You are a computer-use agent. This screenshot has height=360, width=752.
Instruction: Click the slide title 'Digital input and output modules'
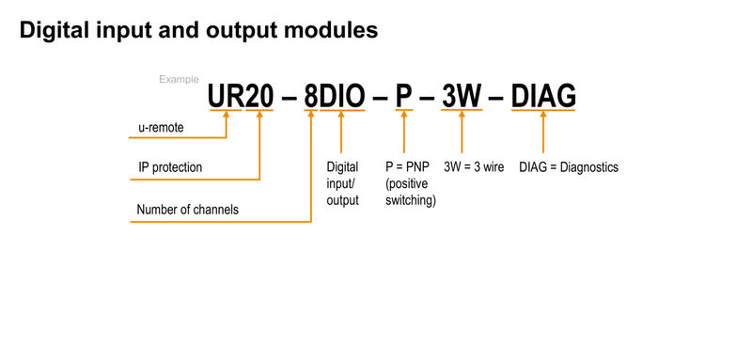tap(198, 30)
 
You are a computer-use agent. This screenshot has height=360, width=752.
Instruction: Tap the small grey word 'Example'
tap(178, 80)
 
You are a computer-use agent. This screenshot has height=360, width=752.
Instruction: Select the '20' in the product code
tap(258, 96)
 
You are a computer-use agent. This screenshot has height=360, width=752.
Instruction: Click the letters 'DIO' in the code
tap(343, 96)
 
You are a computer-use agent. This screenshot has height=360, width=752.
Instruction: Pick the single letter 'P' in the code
tap(403, 96)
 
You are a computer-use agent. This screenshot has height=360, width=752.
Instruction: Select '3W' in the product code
tap(462, 96)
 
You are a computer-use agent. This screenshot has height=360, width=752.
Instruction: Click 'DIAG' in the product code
tap(543, 96)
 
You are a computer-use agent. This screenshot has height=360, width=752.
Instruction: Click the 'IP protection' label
tap(169, 167)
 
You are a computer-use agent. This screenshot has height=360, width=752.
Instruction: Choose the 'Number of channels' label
tap(187, 210)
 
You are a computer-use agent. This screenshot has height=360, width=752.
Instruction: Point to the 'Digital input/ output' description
tap(342, 183)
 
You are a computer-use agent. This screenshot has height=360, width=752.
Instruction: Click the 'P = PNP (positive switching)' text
tap(411, 183)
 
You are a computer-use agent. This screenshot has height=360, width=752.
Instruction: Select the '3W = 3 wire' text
tap(474, 167)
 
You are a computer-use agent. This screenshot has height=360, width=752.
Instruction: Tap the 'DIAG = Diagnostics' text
tap(569, 167)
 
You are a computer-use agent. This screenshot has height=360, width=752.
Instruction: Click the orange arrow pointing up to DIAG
tap(543, 132)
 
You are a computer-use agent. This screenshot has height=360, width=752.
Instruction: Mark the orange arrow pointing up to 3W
tap(461, 132)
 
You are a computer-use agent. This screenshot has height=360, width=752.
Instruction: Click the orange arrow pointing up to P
tap(403, 132)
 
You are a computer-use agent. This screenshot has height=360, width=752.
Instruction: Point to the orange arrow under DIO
tap(341, 132)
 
